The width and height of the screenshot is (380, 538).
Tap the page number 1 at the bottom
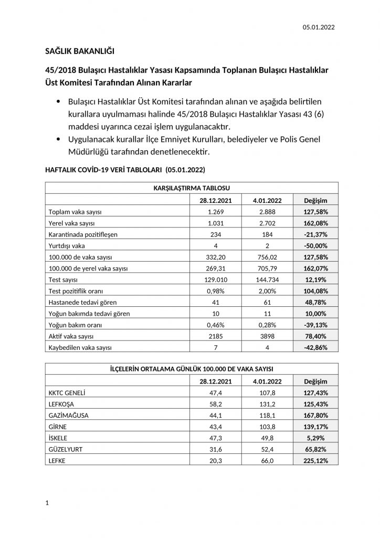(47, 503)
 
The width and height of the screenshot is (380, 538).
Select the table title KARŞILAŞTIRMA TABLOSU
(192, 187)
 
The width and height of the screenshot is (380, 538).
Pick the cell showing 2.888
(268, 212)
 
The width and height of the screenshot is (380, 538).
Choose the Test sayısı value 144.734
(268, 280)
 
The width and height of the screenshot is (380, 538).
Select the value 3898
(268, 336)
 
